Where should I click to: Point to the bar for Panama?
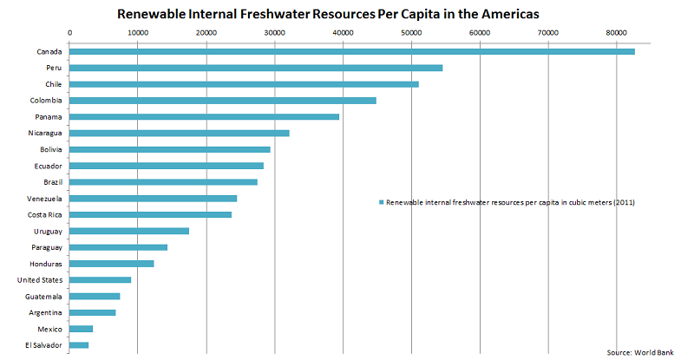click(204, 116)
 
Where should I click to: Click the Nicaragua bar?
click(179, 133)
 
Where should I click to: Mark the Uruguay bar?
click(128, 231)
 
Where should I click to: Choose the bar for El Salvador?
click(79, 345)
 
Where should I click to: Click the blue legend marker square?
click(380, 202)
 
